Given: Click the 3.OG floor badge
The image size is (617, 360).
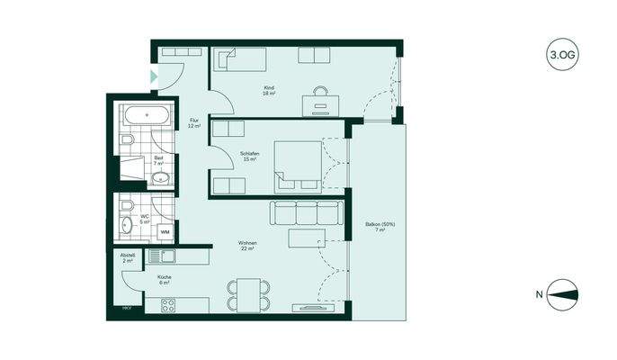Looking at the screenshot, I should pos(562,55).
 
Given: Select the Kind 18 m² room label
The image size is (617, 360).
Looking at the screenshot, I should pos(268,90).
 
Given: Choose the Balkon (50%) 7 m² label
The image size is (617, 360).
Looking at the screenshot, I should pos(380,227).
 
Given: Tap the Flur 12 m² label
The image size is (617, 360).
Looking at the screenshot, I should pos(193,123).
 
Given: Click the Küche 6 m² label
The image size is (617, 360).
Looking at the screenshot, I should pos(165,279).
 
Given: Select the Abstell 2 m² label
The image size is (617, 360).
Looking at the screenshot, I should pos(128,257).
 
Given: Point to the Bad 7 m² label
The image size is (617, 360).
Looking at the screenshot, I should pos(158,162).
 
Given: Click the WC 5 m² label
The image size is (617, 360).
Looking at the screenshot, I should pos(145,219).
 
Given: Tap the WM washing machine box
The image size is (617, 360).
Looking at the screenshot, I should pos(165,231).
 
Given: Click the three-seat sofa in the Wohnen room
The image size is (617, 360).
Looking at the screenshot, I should pos(307,213).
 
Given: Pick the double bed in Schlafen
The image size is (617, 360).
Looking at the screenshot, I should pos(297,166).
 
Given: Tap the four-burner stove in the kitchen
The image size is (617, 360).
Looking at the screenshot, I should pos(167,305).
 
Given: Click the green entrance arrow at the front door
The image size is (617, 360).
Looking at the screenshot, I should pos(153,77).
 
